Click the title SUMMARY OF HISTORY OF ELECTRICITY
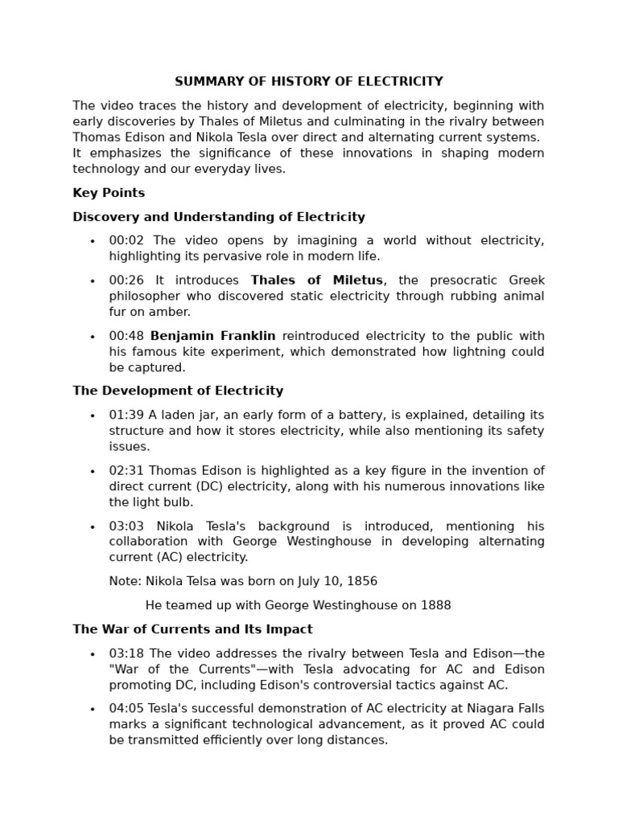tap(309, 82)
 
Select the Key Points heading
tap(109, 193)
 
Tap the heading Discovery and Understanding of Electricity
tap(219, 217)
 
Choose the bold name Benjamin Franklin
tap(212, 336)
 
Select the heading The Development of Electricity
tap(178, 391)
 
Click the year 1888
tap(435, 605)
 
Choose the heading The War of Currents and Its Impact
tap(192, 629)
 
